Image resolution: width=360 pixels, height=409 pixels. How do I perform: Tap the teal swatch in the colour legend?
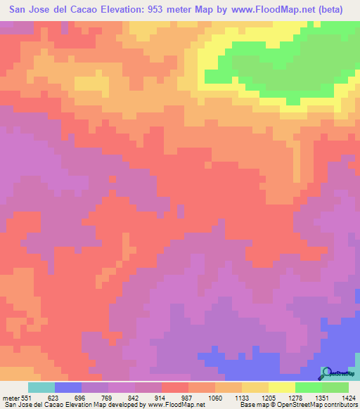(x=41, y=387)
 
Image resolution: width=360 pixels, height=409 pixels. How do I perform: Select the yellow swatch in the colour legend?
(x=282, y=387)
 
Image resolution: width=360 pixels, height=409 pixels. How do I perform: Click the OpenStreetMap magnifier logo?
(x=326, y=372)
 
